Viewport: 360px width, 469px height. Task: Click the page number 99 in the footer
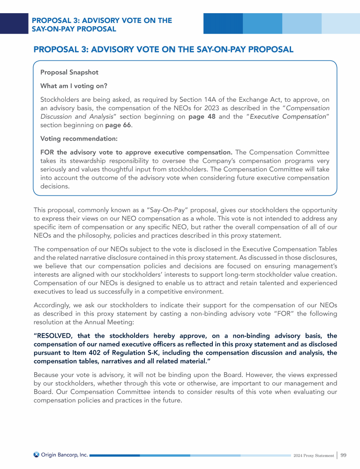click(x=344, y=455)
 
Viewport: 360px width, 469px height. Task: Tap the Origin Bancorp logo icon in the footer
click(x=37, y=454)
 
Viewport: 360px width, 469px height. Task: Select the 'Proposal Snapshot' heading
click(x=69, y=73)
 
